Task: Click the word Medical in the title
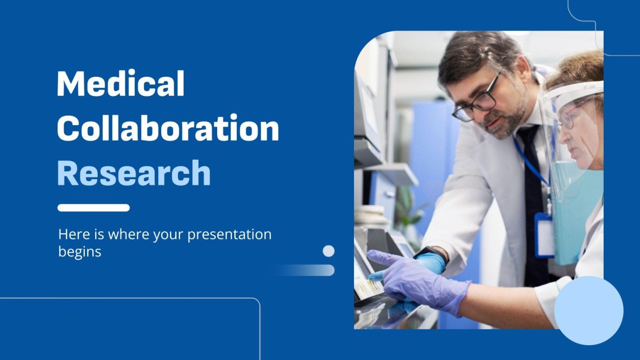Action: point(121,84)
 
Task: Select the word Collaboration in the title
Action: point(167,128)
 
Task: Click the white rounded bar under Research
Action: point(93,207)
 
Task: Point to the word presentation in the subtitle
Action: point(229,235)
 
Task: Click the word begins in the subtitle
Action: point(79,251)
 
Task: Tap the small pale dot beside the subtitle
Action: point(329,251)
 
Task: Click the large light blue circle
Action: point(589,310)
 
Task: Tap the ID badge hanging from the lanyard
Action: point(544,235)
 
